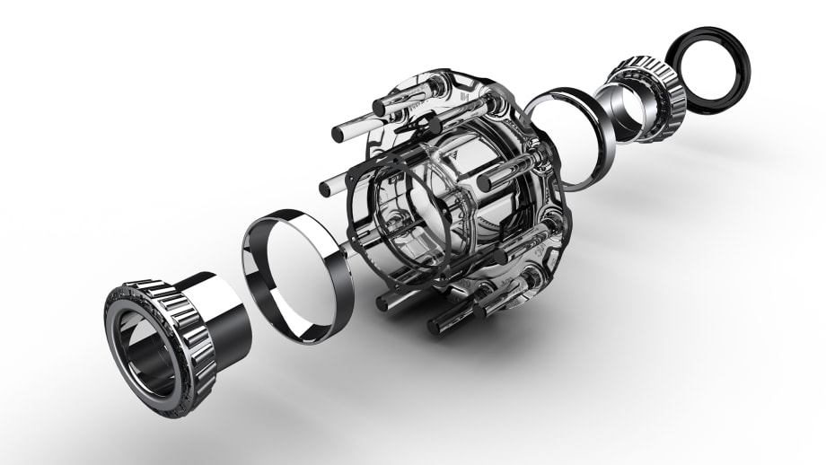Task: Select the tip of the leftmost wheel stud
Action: [x=325, y=189]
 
